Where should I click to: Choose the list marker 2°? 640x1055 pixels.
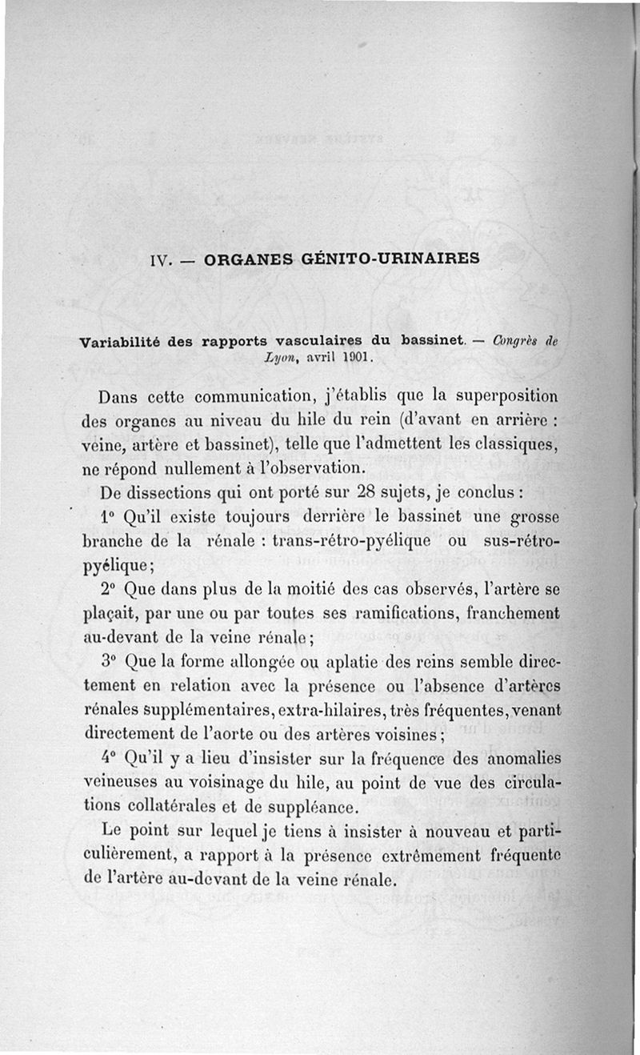pos(110,590)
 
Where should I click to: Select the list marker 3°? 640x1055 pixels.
pos(110,663)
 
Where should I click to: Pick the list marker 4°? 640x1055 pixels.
pos(110,758)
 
